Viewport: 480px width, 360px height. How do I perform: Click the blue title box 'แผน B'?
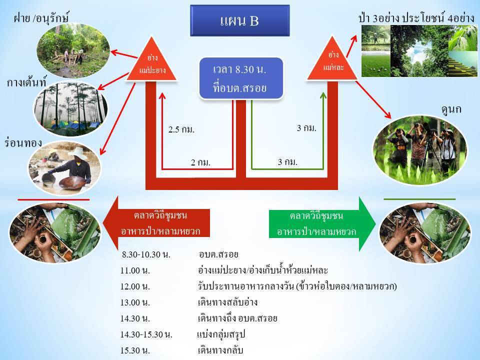[239, 20]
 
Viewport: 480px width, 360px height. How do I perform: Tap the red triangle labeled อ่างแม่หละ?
[332, 61]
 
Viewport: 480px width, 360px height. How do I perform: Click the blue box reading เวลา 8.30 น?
[241, 78]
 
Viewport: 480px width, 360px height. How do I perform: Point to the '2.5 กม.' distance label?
[181, 129]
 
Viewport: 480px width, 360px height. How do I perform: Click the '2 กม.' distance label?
[200, 162]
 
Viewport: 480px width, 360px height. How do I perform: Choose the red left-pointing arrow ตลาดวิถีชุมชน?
[156, 223]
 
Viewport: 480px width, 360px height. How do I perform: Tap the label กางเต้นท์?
[26, 82]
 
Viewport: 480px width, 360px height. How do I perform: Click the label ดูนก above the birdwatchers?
[451, 109]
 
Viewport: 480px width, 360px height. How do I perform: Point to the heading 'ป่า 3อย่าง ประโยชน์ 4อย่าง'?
[416, 18]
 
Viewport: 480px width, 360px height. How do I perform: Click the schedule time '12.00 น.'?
[135, 286]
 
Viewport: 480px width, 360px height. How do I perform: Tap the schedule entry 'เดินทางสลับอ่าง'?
[227, 302]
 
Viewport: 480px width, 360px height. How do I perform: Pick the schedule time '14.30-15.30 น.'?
[146, 334]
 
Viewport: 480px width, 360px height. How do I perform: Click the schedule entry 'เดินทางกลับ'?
[220, 350]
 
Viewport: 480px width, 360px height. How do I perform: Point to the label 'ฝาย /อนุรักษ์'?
[41, 18]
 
